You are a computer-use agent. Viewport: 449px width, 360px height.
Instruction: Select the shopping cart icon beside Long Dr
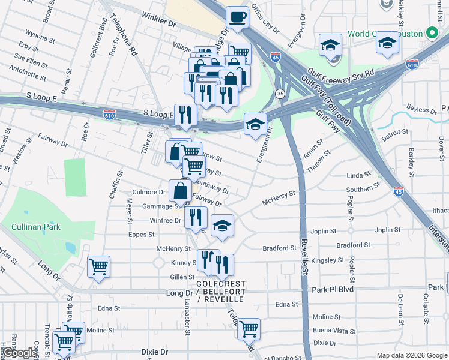pos(98,267)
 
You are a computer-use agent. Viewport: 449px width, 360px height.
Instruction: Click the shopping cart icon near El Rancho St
pos(248,329)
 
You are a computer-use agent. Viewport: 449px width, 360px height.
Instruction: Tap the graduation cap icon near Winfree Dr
pos(222,226)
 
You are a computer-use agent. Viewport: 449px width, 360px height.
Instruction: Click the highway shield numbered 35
pos(280,94)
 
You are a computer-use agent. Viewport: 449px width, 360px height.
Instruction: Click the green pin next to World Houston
pos(430,34)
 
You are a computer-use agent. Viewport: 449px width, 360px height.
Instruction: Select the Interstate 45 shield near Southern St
pos(398,191)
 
